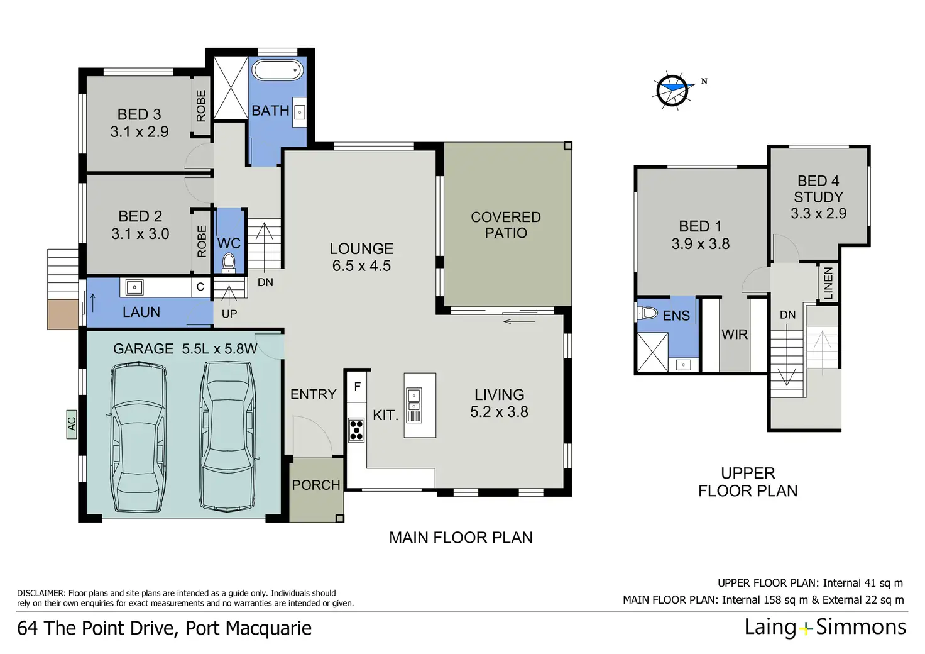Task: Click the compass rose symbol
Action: point(673,91)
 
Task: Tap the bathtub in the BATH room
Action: point(277,70)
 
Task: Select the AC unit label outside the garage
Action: point(72,424)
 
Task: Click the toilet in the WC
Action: point(228,263)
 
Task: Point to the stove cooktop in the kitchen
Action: point(356,430)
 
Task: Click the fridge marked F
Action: point(357,387)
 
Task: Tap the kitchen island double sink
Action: point(413,405)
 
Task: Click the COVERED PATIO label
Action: point(506,224)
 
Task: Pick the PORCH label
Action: point(316,485)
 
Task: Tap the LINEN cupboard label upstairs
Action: point(828,283)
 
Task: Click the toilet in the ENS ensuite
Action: point(647,313)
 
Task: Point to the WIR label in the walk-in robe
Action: point(735,334)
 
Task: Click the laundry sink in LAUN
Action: point(134,287)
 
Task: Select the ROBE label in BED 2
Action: point(202,241)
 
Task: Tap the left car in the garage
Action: point(138,436)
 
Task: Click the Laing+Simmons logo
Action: point(825,627)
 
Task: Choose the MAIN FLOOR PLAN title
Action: point(461,538)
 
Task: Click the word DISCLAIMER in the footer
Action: point(41,593)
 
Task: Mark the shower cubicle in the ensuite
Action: point(652,352)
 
